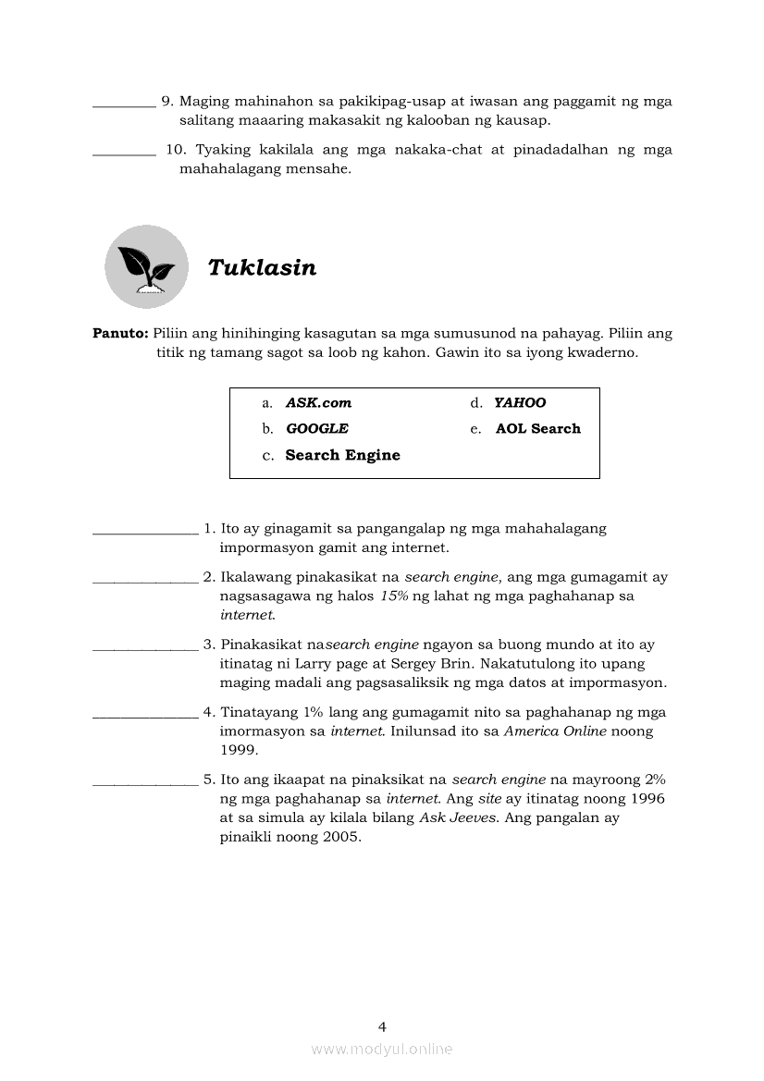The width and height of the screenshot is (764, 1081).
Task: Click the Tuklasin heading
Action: [262, 268]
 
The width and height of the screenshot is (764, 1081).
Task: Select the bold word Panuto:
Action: [120, 333]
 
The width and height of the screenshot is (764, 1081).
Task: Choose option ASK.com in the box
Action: [318, 403]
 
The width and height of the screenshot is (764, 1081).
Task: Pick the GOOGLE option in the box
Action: [316, 429]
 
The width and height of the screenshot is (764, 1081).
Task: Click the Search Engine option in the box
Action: [342, 455]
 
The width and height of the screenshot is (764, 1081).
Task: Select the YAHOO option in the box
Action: [520, 403]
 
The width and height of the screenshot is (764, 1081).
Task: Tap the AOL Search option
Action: [537, 429]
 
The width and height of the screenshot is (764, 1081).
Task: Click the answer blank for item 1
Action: [145, 532]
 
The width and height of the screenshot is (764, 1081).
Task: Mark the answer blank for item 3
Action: [145, 647]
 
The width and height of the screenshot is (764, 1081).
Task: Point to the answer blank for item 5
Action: [145, 782]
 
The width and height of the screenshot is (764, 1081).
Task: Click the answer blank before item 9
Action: [124, 104]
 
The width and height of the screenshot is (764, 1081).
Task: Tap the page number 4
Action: [382, 1026]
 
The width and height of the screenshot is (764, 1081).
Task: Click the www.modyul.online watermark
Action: [382, 1050]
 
